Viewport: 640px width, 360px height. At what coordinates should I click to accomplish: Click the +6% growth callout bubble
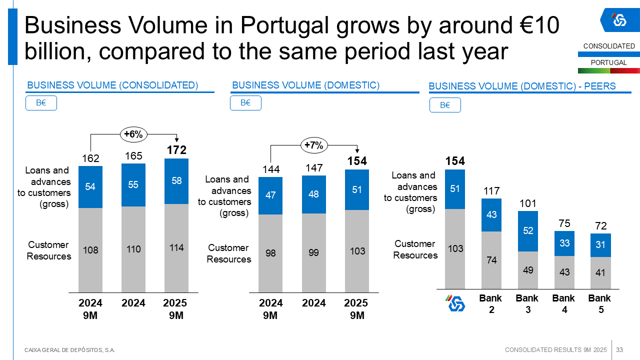[133, 134]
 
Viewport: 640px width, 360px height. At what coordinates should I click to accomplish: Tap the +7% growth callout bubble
[314, 145]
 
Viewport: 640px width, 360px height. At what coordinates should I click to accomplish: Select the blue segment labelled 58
[176, 181]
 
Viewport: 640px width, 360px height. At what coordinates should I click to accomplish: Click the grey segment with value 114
[176, 248]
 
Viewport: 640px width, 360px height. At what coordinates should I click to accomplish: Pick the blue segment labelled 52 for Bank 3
[528, 231]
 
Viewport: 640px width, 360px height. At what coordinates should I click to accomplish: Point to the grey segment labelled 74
[491, 260]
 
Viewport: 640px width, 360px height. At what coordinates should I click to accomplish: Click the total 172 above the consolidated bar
[176, 150]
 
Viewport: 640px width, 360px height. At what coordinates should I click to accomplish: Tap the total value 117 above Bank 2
[491, 191]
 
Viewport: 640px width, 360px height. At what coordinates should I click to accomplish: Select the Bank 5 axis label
[599, 304]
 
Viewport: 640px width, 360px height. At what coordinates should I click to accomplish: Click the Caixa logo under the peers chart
[455, 303]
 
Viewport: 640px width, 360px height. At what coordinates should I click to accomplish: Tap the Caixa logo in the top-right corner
[619, 20]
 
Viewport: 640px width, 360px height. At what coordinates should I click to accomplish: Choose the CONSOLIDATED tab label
[609, 46]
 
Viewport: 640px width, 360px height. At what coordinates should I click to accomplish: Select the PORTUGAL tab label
[608, 63]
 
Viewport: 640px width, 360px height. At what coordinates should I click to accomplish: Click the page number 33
[619, 349]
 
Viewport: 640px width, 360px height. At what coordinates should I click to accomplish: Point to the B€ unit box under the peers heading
[445, 105]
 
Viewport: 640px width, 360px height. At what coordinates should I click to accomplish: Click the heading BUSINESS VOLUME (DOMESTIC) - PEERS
[522, 86]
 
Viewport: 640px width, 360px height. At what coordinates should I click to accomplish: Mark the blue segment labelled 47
[270, 195]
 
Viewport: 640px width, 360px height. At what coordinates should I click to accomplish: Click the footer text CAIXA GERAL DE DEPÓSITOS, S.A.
[70, 350]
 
